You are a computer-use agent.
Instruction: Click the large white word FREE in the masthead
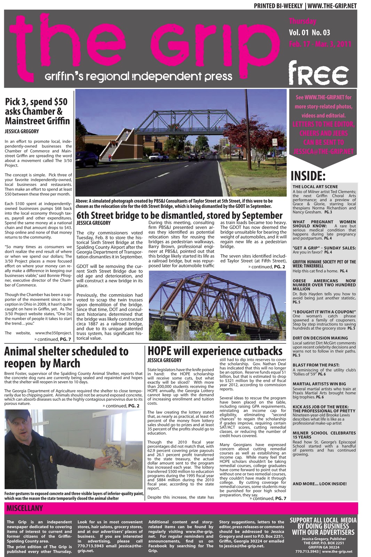(318, 74)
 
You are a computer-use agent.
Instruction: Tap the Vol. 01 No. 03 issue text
(309, 33)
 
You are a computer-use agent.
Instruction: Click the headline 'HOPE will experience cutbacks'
(215, 351)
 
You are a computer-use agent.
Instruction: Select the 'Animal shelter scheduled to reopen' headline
(66, 357)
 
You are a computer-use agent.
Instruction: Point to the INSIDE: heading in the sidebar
(308, 176)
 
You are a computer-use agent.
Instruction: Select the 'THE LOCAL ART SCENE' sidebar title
(315, 187)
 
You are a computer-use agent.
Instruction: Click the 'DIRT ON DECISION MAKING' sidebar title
(320, 338)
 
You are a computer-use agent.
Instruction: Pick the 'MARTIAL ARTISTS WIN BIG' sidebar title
(319, 384)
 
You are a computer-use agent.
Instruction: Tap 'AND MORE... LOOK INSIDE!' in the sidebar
(319, 484)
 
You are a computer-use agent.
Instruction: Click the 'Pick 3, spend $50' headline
(37, 111)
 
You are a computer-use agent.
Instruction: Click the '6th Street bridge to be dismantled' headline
(179, 215)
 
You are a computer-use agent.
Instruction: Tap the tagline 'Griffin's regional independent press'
(138, 76)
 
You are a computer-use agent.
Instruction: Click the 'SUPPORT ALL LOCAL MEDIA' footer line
(323, 520)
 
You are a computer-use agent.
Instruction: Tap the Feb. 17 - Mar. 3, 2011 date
(320, 44)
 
